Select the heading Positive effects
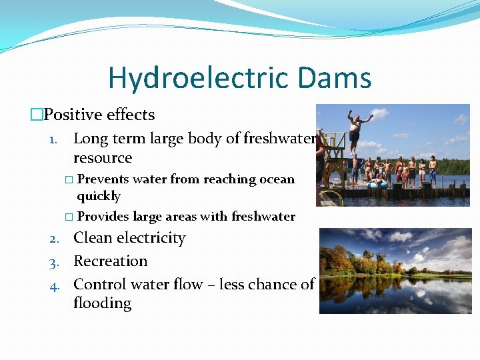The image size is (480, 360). point(99,115)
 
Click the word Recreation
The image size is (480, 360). point(110,261)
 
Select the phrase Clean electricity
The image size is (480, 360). point(129,238)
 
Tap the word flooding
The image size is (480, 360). point(102,303)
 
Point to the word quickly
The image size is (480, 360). point(99,196)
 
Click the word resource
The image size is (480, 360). point(103,158)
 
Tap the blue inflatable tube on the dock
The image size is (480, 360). point(378,184)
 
